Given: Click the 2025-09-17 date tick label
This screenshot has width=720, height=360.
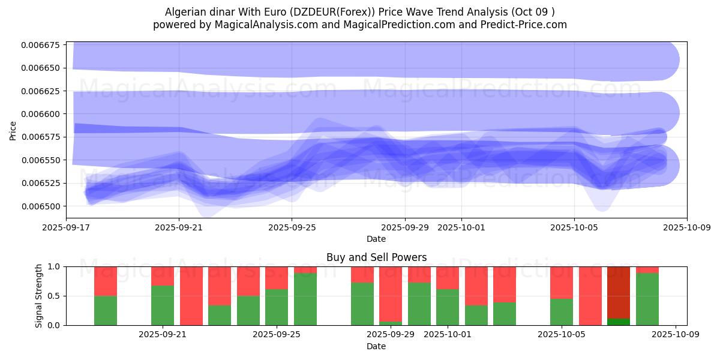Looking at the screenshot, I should point(66,227).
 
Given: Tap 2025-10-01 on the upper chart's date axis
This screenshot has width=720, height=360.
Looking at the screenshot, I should point(461,227).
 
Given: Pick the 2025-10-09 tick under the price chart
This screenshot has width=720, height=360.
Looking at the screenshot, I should point(687,227).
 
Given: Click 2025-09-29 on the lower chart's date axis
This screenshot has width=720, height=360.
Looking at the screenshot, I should point(391,334).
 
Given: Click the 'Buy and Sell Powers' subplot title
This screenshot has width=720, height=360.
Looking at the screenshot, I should point(376,257).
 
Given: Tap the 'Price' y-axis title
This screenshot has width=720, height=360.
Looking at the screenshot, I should point(13,130).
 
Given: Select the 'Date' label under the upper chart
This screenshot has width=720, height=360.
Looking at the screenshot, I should point(376,239).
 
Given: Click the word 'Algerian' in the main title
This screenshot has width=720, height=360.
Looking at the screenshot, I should point(184,12).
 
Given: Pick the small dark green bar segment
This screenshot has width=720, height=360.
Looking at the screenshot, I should point(619,322).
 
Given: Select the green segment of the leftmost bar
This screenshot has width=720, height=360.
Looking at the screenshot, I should point(106,310).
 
